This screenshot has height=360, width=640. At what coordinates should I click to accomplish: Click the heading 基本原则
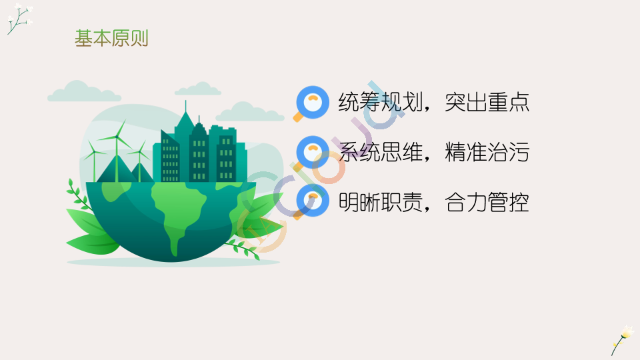pyautogui.click(x=111, y=39)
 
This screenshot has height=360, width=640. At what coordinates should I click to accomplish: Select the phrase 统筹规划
pyautogui.click(x=380, y=102)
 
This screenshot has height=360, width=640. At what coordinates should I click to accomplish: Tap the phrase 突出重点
pyautogui.click(x=487, y=102)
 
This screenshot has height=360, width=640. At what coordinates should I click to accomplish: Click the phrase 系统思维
pyautogui.click(x=380, y=152)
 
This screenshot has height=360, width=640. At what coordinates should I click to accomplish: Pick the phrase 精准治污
pyautogui.click(x=487, y=152)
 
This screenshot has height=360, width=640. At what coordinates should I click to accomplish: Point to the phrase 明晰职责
pyautogui.click(x=380, y=202)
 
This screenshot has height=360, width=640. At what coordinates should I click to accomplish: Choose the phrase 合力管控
pyautogui.click(x=487, y=202)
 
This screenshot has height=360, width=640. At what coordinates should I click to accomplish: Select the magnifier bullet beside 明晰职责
pyautogui.click(x=311, y=202)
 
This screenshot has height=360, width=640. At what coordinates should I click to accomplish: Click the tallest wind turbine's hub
pyautogui.click(x=117, y=137)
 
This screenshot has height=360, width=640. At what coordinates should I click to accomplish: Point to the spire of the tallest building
pyautogui.click(x=186, y=106)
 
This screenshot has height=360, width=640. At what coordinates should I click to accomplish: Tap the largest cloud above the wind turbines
pyautogui.click(x=84, y=91)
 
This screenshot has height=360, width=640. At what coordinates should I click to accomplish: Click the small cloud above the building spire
pyautogui.click(x=198, y=89)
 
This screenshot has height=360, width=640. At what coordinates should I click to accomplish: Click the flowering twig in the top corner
pyautogui.click(x=19, y=19)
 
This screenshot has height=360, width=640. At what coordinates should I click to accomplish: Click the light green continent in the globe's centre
pyautogui.click(x=179, y=212)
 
